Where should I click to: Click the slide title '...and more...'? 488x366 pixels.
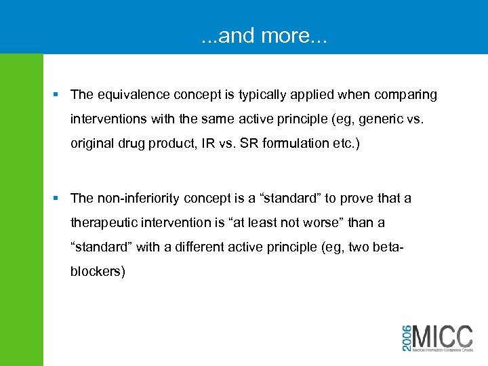coord(264,36)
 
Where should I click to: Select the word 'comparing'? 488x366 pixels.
coord(407,94)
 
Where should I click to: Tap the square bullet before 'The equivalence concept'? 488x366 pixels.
coord(60,95)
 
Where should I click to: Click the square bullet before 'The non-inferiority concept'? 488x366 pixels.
coord(60,199)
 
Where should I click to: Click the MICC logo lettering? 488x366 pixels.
coord(442,336)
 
